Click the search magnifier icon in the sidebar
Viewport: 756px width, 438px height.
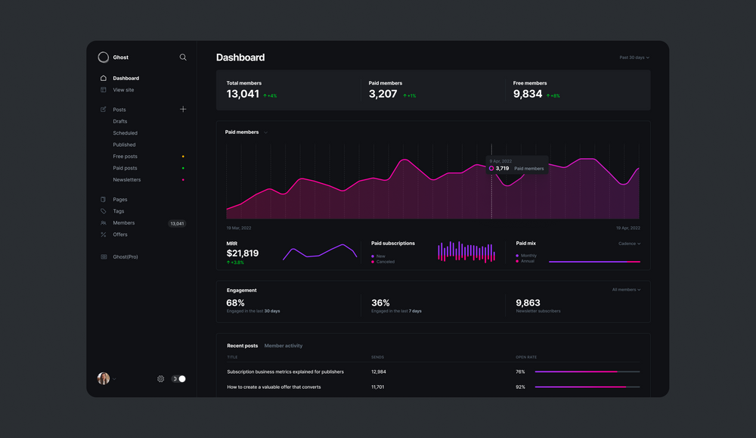pos(183,57)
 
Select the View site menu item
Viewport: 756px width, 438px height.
pos(123,90)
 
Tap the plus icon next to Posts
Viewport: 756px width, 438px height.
pos(183,110)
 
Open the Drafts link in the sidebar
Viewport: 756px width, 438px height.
pos(120,121)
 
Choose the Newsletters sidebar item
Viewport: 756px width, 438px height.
pos(127,180)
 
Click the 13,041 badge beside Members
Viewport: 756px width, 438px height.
pos(177,224)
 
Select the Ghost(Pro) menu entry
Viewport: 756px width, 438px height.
pos(125,257)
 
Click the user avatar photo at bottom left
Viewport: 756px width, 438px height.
pos(104,378)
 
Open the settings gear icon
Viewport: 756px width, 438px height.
pos(161,379)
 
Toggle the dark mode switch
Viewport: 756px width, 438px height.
pos(178,379)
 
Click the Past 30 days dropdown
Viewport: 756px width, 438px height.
pos(634,57)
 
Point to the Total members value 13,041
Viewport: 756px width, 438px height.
pos(243,95)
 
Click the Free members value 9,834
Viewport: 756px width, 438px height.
pos(528,95)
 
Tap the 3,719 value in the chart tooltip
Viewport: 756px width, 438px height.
pos(502,169)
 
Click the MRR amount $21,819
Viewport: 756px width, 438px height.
pos(243,253)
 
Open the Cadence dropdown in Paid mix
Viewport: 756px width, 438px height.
pos(629,244)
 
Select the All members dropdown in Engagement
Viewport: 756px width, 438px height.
pos(626,290)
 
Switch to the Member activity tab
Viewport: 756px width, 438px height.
pos(283,346)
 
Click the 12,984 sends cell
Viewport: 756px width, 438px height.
pos(379,372)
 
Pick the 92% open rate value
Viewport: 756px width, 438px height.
pos(520,387)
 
